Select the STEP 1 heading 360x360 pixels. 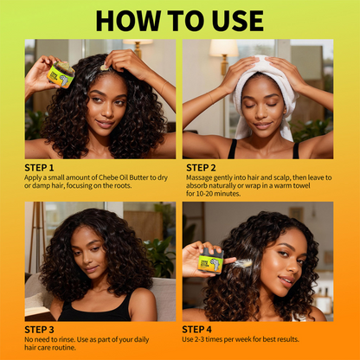point(39,167)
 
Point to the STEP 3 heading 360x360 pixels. point(39,329)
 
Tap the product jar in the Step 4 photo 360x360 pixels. point(211,263)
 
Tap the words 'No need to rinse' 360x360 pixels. point(52,340)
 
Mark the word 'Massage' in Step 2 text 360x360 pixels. point(201,178)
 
